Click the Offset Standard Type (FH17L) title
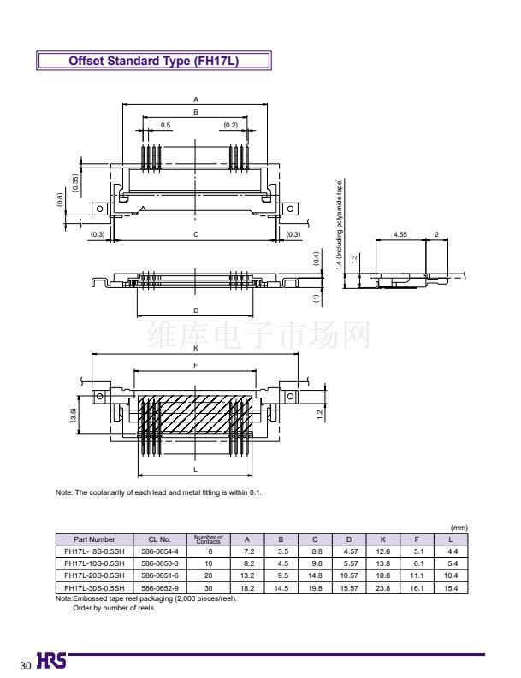[x=154, y=61]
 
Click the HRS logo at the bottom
[x=51, y=660]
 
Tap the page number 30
[x=26, y=665]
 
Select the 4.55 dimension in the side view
[x=400, y=234]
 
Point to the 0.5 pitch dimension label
[x=165, y=125]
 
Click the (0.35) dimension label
[x=75, y=183]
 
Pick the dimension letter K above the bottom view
[x=196, y=348]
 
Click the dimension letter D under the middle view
[x=196, y=310]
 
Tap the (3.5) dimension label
[x=73, y=416]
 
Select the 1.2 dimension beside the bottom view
[x=319, y=415]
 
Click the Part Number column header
[x=94, y=539]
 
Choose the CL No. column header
[x=160, y=539]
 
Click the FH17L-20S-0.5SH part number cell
[x=94, y=575]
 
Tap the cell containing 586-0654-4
[x=160, y=551]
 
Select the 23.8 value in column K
[x=383, y=588]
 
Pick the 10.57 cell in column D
[x=349, y=575]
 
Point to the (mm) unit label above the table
[x=459, y=528]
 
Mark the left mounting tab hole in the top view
[x=99, y=209]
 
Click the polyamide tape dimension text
[x=340, y=224]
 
